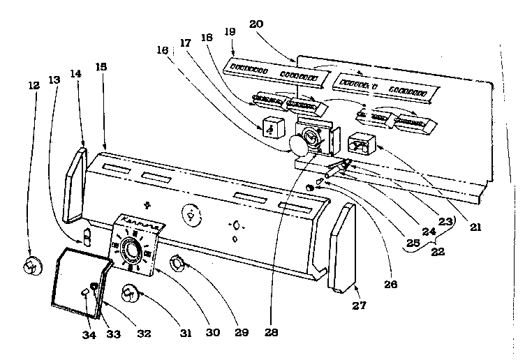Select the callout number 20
pos(256,24)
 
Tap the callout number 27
pos(360,305)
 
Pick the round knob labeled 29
pos(179,264)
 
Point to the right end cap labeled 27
pos(341,249)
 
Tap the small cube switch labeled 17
pos(273,127)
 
